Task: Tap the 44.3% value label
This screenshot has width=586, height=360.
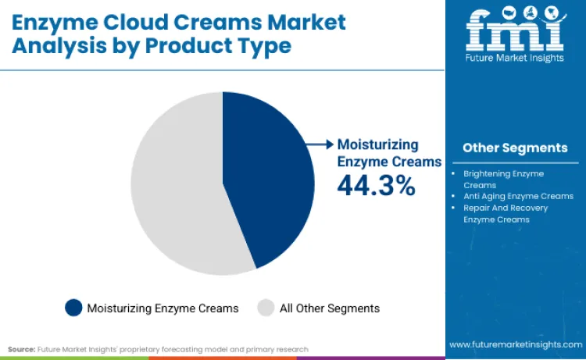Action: tap(375, 185)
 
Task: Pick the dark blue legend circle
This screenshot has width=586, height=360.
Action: tap(74, 308)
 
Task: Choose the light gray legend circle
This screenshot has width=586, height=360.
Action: tap(266, 308)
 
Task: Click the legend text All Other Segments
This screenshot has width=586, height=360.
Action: tap(330, 308)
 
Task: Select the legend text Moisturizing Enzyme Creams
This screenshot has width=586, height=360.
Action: tap(163, 308)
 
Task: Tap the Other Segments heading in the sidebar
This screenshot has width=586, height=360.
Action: tap(515, 148)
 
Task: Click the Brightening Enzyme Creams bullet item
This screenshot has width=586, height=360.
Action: tap(503, 179)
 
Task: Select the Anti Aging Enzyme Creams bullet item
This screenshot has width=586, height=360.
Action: tap(518, 196)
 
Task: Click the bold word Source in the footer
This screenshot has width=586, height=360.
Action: tap(21, 349)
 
